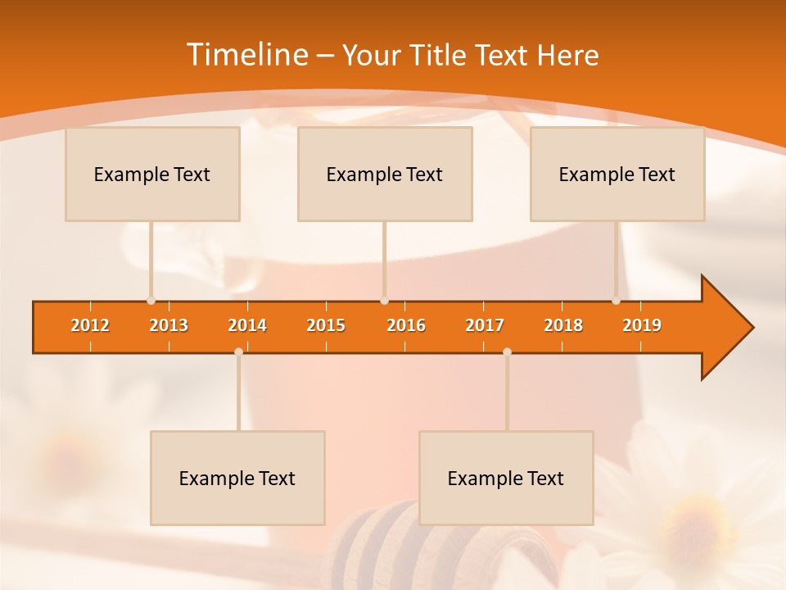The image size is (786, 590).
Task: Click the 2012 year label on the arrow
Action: click(x=90, y=325)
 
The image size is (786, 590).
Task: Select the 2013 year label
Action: click(x=169, y=325)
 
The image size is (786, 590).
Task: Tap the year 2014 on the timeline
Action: click(x=247, y=325)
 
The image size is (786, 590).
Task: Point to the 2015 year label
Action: click(x=326, y=325)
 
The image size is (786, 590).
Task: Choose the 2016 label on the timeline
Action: click(x=406, y=325)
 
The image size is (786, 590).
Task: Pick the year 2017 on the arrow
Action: click(x=485, y=325)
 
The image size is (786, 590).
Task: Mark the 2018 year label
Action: click(x=563, y=325)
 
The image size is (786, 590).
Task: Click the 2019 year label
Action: click(x=642, y=325)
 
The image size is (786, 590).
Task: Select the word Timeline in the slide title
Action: click(x=246, y=55)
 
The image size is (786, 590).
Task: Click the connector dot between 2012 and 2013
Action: click(x=151, y=301)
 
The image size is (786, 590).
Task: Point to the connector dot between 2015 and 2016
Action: click(x=384, y=301)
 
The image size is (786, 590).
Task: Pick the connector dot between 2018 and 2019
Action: click(x=616, y=301)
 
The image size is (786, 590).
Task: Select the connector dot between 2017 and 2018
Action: click(x=507, y=352)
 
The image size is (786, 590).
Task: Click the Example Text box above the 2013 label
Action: click(x=152, y=174)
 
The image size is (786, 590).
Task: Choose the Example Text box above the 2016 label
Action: click(x=385, y=174)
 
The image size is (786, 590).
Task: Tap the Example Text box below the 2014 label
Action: click(x=237, y=478)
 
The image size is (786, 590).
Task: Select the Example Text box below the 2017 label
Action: click(x=506, y=478)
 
